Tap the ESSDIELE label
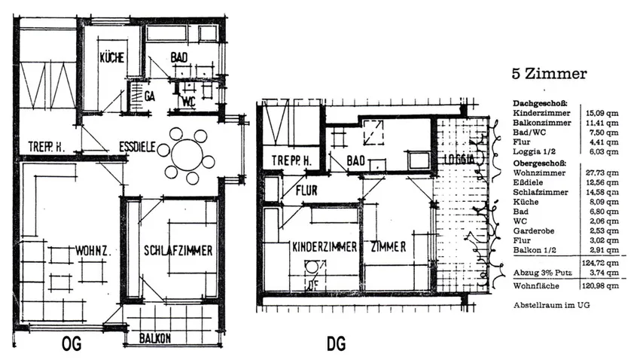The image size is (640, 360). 136,148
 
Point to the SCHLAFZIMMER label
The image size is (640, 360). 178,251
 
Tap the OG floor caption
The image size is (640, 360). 69,344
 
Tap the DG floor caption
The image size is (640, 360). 336,344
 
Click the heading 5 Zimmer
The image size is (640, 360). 549,75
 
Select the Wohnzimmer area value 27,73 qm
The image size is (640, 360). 602,172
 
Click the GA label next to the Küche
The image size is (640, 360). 150,96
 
